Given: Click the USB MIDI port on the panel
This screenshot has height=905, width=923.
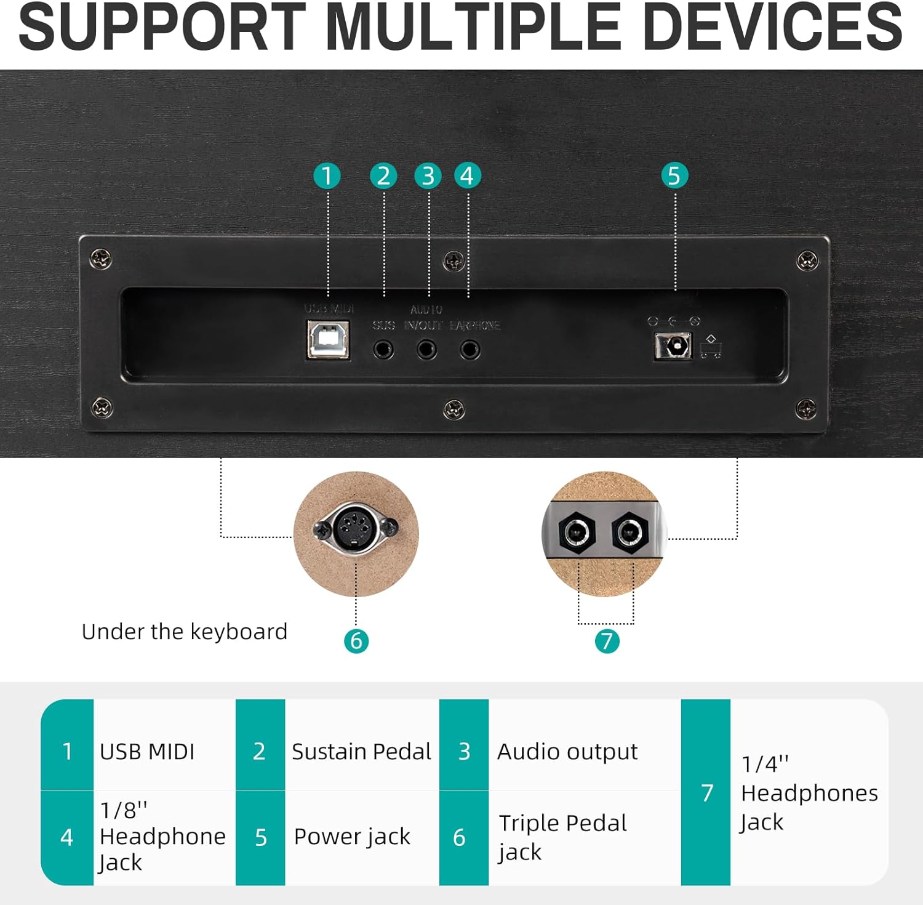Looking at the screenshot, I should [x=329, y=340].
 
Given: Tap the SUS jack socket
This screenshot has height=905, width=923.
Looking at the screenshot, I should [x=383, y=350].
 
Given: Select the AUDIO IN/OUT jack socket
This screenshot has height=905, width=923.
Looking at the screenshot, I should [x=426, y=350].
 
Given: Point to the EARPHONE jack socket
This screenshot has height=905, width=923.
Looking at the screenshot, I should [x=470, y=350].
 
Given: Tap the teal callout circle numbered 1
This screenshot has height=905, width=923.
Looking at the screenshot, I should [x=327, y=175].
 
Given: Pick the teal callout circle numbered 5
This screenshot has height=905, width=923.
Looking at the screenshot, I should [x=674, y=175].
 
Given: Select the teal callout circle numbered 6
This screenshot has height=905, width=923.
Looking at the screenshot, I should [x=356, y=641].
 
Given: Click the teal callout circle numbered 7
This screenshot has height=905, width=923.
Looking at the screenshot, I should [x=607, y=641].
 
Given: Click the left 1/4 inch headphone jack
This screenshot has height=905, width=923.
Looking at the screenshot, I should [x=577, y=531].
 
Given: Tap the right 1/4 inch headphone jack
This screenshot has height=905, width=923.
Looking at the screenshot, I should [x=629, y=531].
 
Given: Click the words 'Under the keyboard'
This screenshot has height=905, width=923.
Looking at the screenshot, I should [x=184, y=632].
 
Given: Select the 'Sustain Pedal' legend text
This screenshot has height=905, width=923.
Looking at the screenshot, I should [x=361, y=752].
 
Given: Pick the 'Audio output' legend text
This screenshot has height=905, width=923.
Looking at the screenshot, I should [x=567, y=752].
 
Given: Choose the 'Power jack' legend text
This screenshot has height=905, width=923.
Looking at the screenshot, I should [x=352, y=837].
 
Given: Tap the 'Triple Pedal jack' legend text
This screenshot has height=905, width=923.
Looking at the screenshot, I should [x=562, y=837].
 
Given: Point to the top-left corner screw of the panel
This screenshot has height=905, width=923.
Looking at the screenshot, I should [x=101, y=259].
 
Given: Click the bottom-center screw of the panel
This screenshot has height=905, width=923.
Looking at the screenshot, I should [x=454, y=409].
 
